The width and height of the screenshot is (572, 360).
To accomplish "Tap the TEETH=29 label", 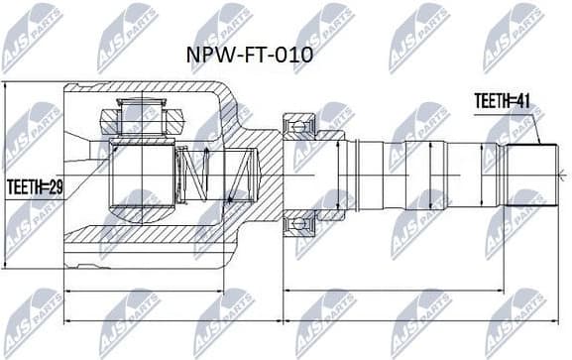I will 34,184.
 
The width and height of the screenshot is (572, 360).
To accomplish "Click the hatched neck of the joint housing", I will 253,174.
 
